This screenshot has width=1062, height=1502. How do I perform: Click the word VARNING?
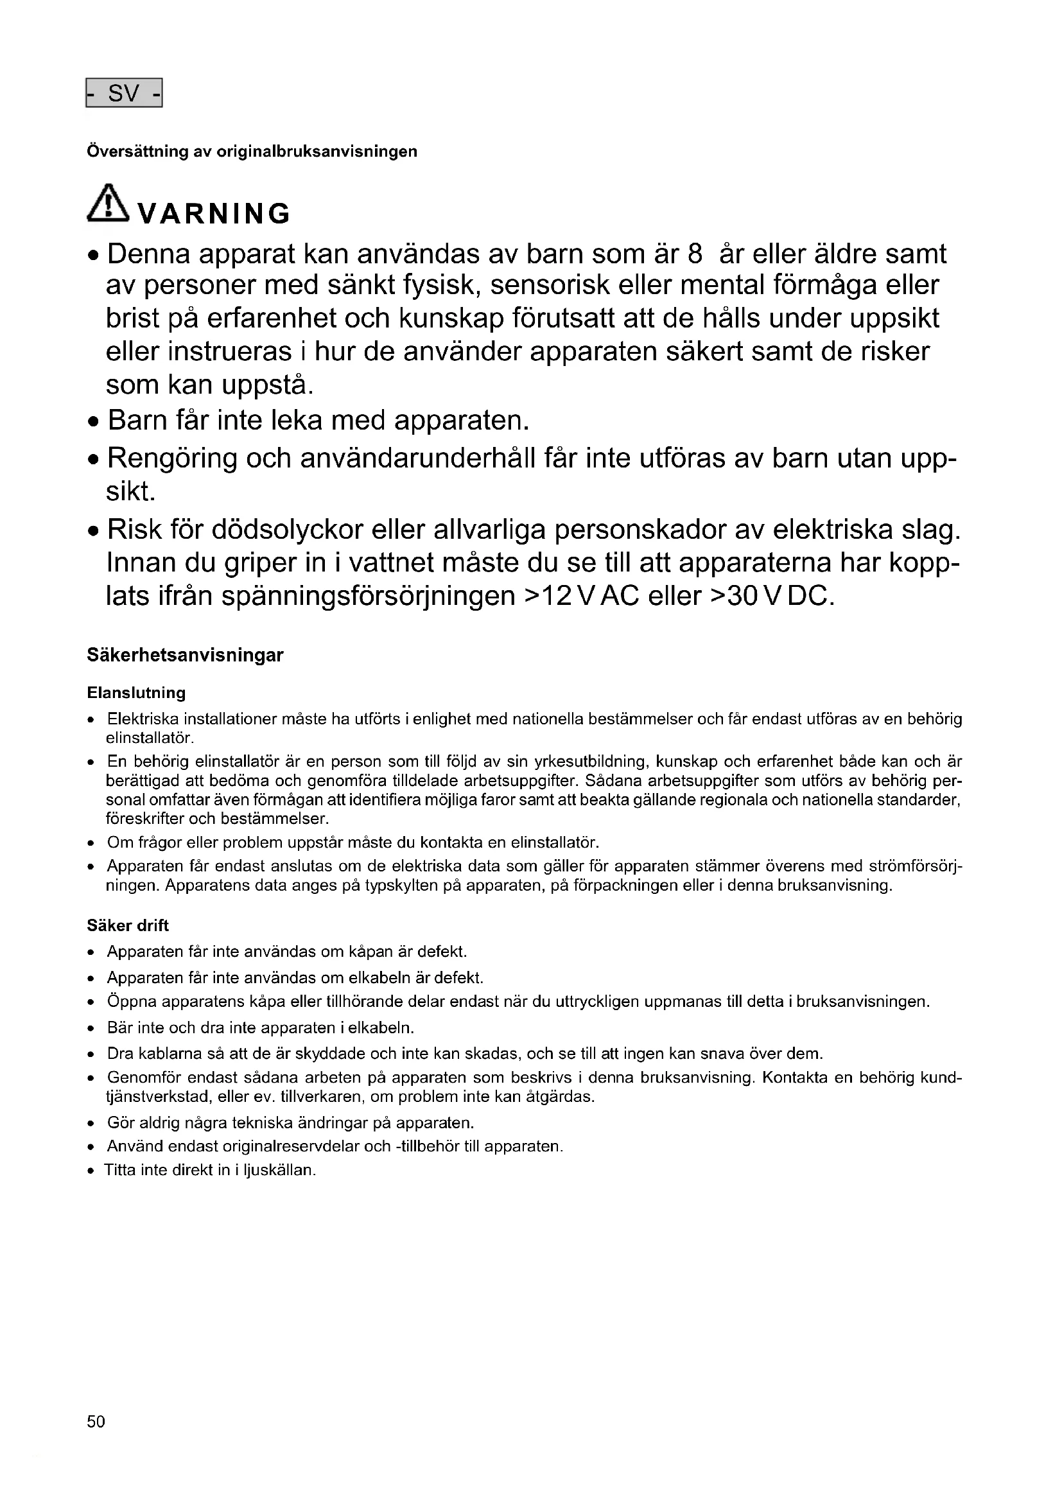tap(215, 214)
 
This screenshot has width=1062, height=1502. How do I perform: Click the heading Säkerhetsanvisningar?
tap(185, 656)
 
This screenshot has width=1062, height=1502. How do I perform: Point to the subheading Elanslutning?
tap(136, 693)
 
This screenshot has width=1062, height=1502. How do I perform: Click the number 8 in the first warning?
tap(695, 254)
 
